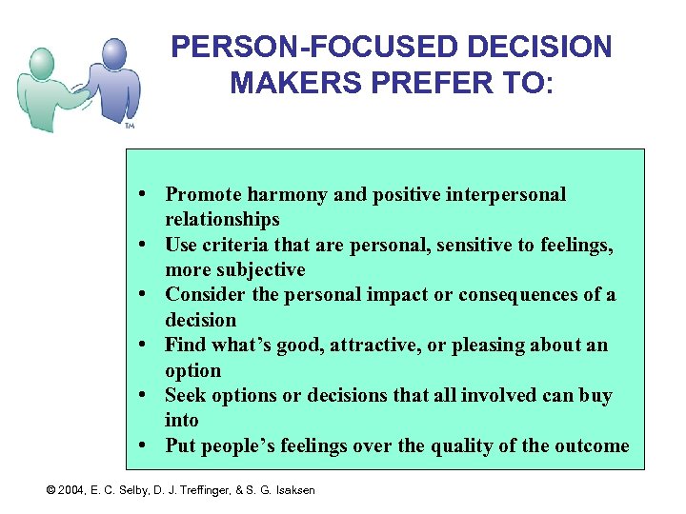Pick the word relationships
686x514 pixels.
click(222, 220)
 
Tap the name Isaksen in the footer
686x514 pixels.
click(292, 490)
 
